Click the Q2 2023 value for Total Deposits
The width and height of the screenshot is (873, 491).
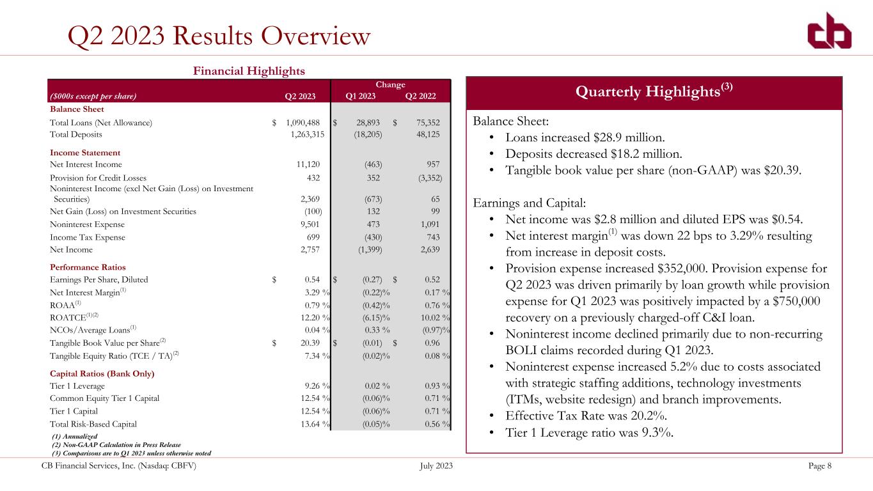click(306, 135)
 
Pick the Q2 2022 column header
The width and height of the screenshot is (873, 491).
click(421, 97)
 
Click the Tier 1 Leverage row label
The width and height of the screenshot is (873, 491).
click(74, 386)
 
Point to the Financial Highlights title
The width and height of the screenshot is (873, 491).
click(249, 70)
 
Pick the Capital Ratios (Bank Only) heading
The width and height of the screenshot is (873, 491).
click(102, 373)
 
